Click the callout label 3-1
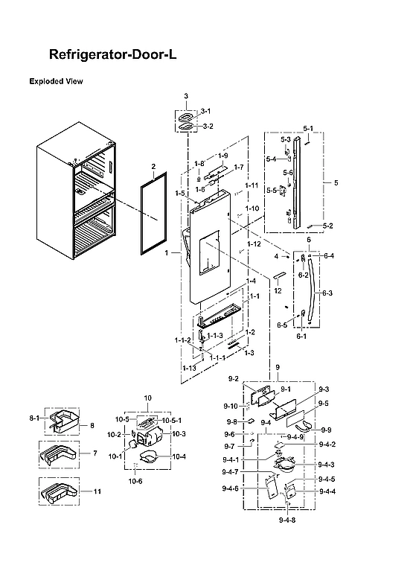pyautogui.click(x=206, y=111)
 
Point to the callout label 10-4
pyautogui.click(x=180, y=456)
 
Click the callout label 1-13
pyautogui.click(x=189, y=368)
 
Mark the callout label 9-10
pyautogui.click(x=231, y=406)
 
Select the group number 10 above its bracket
pyautogui.click(x=147, y=398)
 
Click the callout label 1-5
pyautogui.click(x=180, y=194)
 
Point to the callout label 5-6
pyautogui.click(x=287, y=173)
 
